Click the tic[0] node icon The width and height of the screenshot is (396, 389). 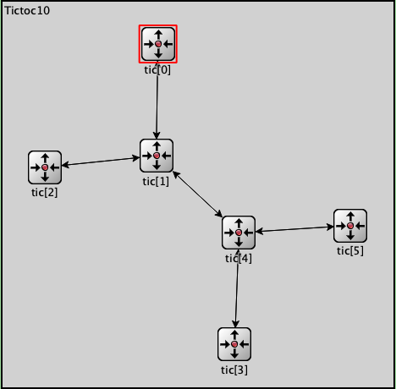click(x=158, y=44)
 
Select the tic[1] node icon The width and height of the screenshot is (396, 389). click(x=157, y=156)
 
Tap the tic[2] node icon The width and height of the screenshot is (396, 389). click(x=45, y=167)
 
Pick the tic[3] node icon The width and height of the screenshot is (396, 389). click(x=234, y=344)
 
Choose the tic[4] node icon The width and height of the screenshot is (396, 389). click(x=239, y=233)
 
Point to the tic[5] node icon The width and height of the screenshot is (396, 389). click(x=350, y=226)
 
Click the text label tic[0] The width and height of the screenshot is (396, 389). click(x=157, y=70)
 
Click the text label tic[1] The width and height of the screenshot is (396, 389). click(x=156, y=182)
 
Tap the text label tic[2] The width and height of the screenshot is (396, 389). click(x=45, y=193)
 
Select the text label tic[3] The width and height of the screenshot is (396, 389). click(x=234, y=370)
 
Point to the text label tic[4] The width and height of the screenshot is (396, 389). click(x=239, y=259)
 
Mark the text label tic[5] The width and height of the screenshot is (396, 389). click(x=350, y=251)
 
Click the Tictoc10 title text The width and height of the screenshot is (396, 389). click(x=27, y=11)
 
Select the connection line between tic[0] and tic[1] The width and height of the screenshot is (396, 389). click(x=157, y=100)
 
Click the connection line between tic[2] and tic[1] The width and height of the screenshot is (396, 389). click(x=101, y=162)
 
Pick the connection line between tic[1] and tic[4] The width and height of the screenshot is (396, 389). click(x=197, y=194)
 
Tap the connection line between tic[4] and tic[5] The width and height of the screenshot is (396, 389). click(x=294, y=229)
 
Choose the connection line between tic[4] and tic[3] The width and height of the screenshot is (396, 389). click(x=237, y=288)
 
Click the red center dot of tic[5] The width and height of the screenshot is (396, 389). click(x=350, y=226)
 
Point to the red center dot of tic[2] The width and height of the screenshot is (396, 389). click(x=45, y=167)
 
